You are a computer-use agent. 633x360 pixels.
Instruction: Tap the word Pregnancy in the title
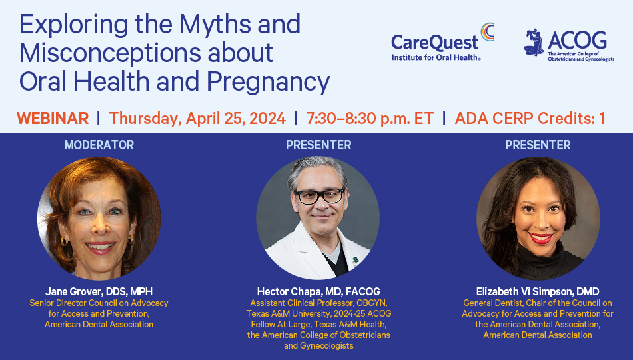pos(268,82)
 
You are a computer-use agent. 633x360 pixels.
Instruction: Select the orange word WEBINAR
pos(53,119)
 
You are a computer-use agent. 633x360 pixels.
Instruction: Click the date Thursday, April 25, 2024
pos(197,119)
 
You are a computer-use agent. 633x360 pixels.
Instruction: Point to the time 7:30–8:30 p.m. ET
pos(370,119)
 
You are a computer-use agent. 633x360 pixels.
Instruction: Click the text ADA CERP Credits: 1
pos(530,119)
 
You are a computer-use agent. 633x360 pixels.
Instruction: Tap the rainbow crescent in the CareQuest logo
pos(488,32)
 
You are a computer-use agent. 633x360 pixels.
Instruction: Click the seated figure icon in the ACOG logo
pos(534,42)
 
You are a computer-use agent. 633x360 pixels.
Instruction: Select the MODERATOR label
pos(99,145)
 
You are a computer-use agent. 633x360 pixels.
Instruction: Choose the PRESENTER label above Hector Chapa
pos(318,145)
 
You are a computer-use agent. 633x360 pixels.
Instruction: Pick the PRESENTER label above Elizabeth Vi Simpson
pos(538,145)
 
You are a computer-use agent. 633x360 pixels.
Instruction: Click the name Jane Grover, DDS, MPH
pos(99,292)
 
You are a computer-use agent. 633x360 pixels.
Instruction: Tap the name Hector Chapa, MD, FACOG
pos(318,292)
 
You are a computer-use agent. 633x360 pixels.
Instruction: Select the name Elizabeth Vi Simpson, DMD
pos(538,292)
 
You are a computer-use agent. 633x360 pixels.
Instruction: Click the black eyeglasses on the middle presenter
pos(320,196)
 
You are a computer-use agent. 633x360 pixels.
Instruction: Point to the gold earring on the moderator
pos(64,241)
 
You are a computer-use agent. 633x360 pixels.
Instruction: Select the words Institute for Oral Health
pos(435,58)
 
